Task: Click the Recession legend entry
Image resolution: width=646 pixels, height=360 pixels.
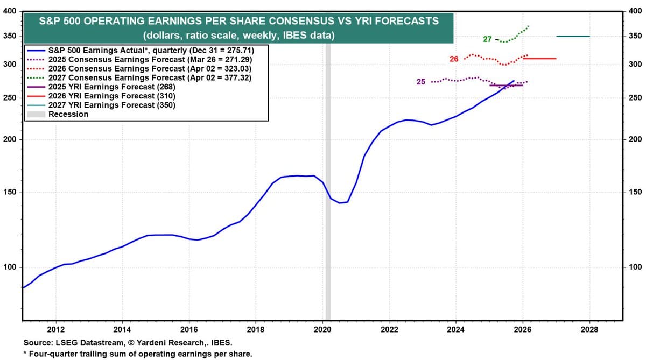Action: pyautogui.click(x=68, y=114)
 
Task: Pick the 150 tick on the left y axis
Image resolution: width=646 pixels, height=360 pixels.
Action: pyautogui.click(x=11, y=192)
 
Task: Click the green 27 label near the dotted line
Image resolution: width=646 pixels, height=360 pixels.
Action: pyautogui.click(x=487, y=39)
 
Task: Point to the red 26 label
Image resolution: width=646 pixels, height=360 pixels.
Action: pyautogui.click(x=454, y=59)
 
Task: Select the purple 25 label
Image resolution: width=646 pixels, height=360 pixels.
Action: pyautogui.click(x=421, y=82)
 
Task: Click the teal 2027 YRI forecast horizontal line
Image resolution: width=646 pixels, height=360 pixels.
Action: pyautogui.click(x=573, y=36)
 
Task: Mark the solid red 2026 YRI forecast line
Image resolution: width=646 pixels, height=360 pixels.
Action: pyautogui.click(x=539, y=58)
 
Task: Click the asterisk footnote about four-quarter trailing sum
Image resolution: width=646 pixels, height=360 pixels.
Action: pyautogui.click(x=137, y=354)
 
